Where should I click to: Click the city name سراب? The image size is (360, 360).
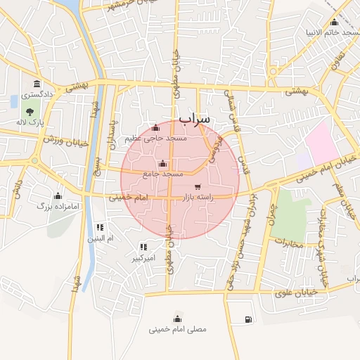pyautogui.click(x=194, y=120)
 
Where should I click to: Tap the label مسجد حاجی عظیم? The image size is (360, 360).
pyautogui.click(x=155, y=139)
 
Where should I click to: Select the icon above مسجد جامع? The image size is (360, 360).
pyautogui.click(x=163, y=163)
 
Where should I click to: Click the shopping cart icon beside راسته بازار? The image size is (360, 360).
pyautogui.click(x=198, y=187)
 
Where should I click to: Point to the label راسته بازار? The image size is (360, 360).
pyautogui.click(x=198, y=199)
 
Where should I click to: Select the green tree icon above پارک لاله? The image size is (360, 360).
pyautogui.click(x=31, y=110)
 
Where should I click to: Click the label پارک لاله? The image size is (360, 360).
pyautogui.click(x=31, y=122)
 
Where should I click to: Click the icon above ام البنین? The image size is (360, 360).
pyautogui.click(x=100, y=227)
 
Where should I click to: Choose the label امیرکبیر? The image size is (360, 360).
pyautogui.click(x=143, y=258)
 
